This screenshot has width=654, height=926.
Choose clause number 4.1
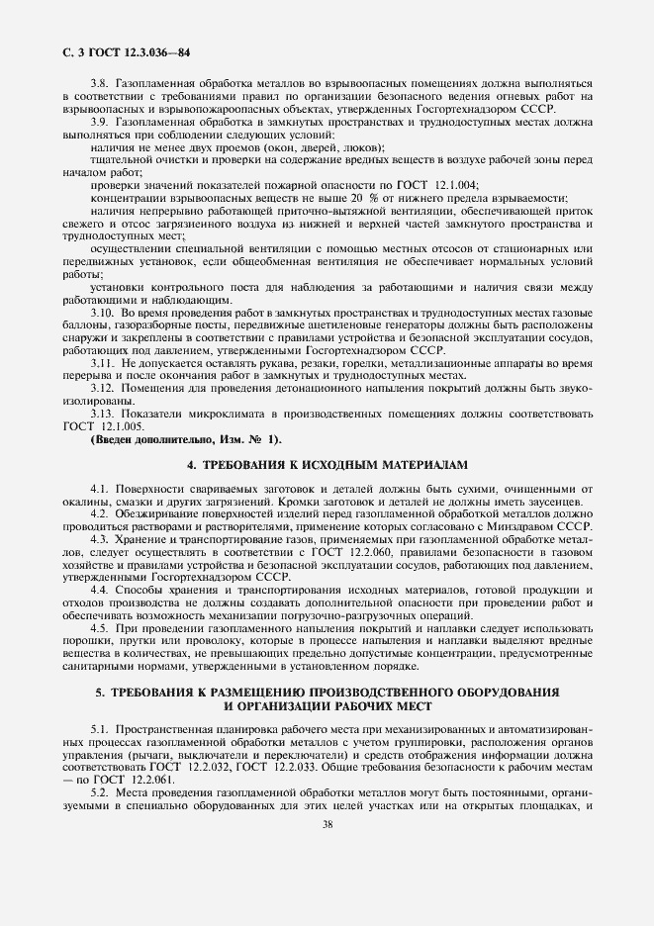99,490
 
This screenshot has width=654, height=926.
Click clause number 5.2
99,792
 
